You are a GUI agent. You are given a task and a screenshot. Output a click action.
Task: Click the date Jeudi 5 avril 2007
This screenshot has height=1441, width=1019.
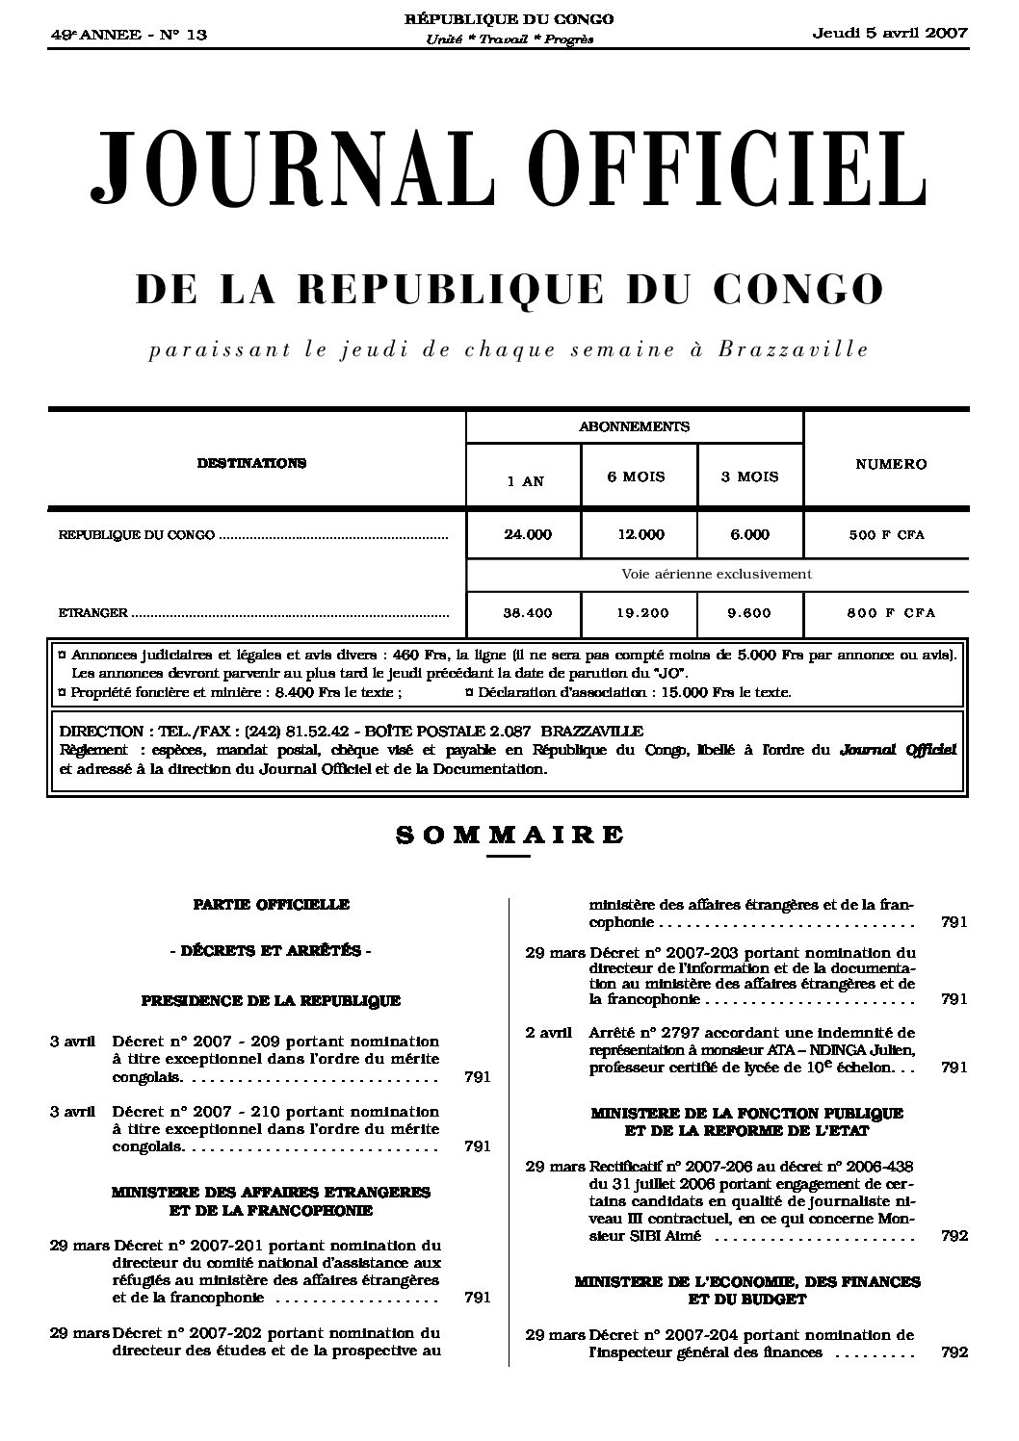(x=890, y=33)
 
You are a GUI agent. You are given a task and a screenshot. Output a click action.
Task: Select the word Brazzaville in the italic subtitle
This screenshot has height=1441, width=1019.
(x=793, y=349)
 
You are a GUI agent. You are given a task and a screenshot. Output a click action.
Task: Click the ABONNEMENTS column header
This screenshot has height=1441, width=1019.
(x=634, y=426)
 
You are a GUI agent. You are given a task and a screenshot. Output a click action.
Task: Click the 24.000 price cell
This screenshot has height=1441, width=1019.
(x=527, y=534)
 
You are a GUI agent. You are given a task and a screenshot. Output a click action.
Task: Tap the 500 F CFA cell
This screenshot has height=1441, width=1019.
(x=886, y=534)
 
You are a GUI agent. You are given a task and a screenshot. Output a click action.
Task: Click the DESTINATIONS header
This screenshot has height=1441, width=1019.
(x=251, y=463)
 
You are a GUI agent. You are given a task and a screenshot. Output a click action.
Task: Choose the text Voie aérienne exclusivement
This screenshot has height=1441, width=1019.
(x=717, y=574)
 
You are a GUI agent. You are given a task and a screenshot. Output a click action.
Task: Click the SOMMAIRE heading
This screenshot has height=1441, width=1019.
(x=509, y=835)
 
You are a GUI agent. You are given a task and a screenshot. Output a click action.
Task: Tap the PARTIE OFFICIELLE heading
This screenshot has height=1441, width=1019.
(x=271, y=904)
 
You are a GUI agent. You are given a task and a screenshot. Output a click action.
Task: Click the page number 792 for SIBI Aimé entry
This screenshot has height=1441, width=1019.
(x=954, y=1235)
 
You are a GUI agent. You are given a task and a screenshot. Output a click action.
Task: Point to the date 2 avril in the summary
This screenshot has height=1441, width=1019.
(x=549, y=1032)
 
